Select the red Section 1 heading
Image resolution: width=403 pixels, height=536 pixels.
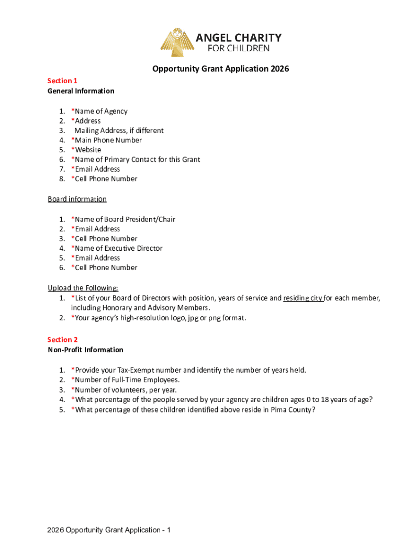(x=62, y=81)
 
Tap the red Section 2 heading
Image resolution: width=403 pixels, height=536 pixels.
(x=62, y=340)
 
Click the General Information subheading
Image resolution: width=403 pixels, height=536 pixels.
(x=81, y=91)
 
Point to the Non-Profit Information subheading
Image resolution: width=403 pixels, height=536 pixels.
(x=85, y=350)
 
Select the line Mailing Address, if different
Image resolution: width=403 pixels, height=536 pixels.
(x=119, y=130)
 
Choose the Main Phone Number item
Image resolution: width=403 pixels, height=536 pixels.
(x=107, y=140)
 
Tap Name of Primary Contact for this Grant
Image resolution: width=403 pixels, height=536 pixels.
(x=136, y=160)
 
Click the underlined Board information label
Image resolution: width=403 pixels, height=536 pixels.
(x=77, y=199)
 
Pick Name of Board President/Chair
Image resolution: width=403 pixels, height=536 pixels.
(x=124, y=219)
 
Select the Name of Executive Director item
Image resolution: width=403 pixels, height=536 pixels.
(x=117, y=248)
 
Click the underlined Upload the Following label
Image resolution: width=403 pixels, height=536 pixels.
(x=83, y=288)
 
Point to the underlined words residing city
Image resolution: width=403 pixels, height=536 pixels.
(x=303, y=298)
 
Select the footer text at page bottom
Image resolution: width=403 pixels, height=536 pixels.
(x=109, y=530)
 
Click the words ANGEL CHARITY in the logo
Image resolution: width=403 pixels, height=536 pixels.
(x=238, y=38)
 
